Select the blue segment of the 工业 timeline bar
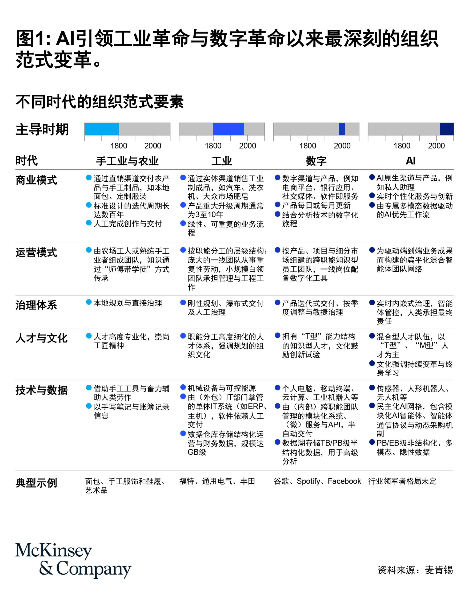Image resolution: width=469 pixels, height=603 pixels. (228, 129)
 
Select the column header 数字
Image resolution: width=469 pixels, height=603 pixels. (316, 161)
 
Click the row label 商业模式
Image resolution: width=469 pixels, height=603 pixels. (36, 180)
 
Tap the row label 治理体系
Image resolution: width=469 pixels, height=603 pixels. (36, 305)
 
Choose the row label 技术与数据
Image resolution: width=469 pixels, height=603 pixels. (41, 390)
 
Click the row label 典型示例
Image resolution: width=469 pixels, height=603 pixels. (36, 483)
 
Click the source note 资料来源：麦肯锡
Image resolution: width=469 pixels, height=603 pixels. (415, 570)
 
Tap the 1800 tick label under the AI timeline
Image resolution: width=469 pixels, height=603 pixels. (402, 146)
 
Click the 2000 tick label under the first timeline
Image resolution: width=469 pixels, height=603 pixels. (153, 146)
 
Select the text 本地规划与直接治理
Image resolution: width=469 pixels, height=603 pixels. (128, 303)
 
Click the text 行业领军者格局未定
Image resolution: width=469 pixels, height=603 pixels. (402, 481)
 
